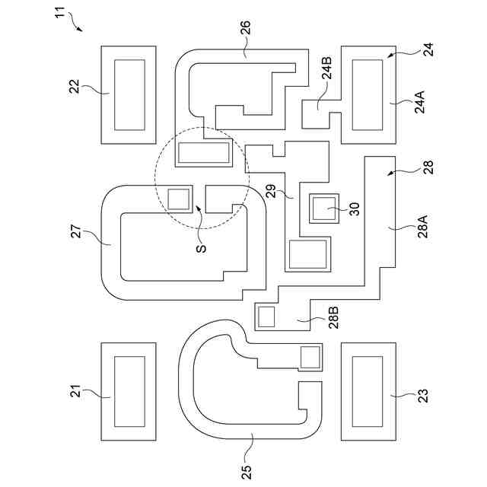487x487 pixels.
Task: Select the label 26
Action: pos(245,30)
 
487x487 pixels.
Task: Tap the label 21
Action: pos(75,393)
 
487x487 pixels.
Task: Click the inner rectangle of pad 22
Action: pos(129,94)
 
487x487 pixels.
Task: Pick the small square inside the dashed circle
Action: pos(179,199)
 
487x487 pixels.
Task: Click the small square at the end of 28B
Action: pos(267,317)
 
